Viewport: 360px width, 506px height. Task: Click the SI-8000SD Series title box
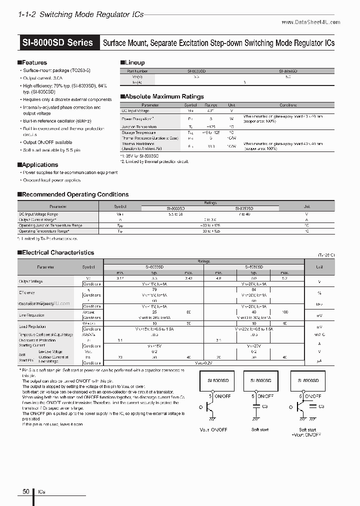tap(57, 42)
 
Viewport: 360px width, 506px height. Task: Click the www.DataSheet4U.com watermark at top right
tap(310, 22)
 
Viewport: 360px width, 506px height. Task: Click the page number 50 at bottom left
tap(26, 491)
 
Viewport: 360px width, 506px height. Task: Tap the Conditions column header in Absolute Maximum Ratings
tap(287, 105)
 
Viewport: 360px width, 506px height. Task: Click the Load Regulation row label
tap(33, 326)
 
